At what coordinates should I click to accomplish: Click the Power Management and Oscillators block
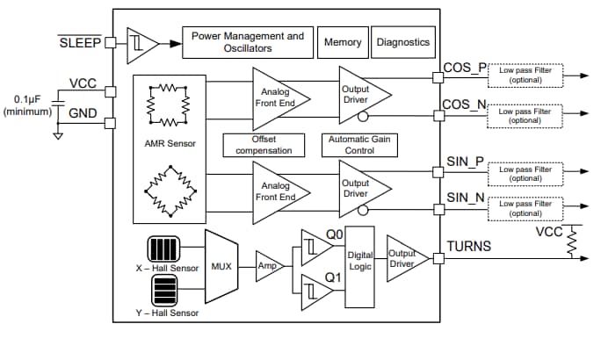click(247, 42)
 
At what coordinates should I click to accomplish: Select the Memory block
click(343, 42)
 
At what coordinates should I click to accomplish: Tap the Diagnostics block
click(403, 42)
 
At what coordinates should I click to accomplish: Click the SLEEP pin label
click(80, 41)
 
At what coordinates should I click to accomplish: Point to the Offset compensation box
click(264, 145)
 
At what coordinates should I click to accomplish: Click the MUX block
click(221, 265)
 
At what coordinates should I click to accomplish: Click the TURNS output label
click(469, 247)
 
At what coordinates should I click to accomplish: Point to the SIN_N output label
click(464, 198)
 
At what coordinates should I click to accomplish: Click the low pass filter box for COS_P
click(525, 76)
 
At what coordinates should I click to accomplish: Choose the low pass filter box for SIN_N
click(525, 208)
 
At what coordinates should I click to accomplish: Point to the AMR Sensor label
click(172, 143)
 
